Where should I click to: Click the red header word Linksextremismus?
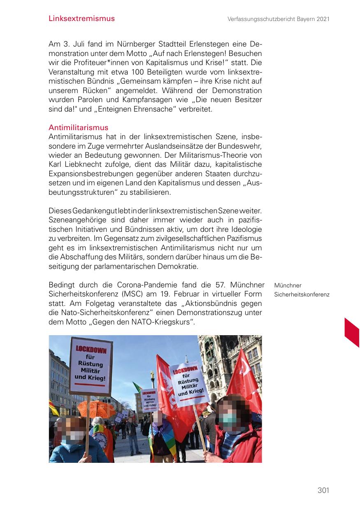(x=81, y=19)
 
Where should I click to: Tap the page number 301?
(x=323, y=490)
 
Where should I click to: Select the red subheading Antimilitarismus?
(x=78, y=128)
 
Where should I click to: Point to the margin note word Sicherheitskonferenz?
(x=302, y=294)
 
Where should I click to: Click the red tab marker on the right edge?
(x=352, y=332)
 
